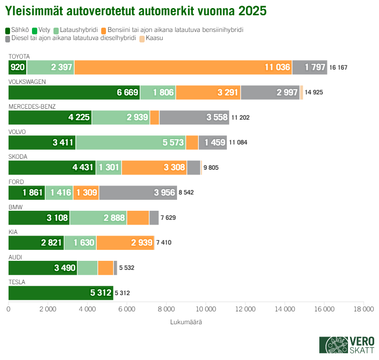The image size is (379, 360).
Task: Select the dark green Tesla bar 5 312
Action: click(61, 293)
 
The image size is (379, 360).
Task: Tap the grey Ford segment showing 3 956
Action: click(138, 193)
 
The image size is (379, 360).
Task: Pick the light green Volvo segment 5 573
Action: click(130, 143)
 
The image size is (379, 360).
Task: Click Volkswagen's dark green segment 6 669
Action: click(74, 93)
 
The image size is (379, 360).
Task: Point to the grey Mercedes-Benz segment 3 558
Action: click(194, 117)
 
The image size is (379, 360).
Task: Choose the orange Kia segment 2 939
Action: click(125, 243)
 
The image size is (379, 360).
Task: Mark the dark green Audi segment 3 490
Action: click(43, 267)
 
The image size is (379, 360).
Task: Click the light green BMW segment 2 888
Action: click(98, 218)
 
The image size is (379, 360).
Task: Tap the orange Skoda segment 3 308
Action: click(154, 167)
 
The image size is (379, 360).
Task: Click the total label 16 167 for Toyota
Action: click(338, 68)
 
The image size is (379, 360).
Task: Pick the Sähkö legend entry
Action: click(18, 30)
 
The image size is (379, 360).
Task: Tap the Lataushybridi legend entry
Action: click(76, 30)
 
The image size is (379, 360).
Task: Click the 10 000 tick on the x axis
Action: click(206, 309)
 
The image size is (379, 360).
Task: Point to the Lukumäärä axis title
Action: click(186, 322)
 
